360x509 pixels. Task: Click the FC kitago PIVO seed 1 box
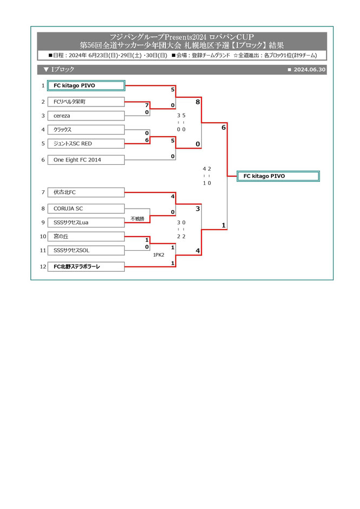click(x=86, y=85)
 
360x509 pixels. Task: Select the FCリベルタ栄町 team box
click(x=86, y=102)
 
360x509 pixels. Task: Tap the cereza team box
click(x=86, y=115)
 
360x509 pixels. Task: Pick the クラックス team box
click(x=86, y=130)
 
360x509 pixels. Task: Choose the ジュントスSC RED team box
click(x=86, y=143)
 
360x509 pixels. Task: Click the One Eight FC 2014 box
click(x=86, y=160)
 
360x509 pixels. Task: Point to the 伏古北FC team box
click(x=86, y=192)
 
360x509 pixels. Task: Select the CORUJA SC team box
click(x=86, y=208)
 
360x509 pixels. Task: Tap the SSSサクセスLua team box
click(x=86, y=222)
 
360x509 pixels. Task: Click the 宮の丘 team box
click(x=86, y=236)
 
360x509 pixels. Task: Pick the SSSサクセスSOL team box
click(x=86, y=250)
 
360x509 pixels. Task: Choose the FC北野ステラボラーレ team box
click(x=86, y=266)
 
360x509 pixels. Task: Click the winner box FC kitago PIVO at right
click(x=278, y=176)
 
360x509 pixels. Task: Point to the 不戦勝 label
click(x=137, y=219)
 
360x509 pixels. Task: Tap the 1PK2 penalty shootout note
click(x=158, y=254)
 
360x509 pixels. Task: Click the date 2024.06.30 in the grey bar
click(x=310, y=70)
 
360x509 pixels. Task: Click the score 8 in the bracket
click(x=198, y=101)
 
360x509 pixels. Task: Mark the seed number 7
click(x=42, y=192)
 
